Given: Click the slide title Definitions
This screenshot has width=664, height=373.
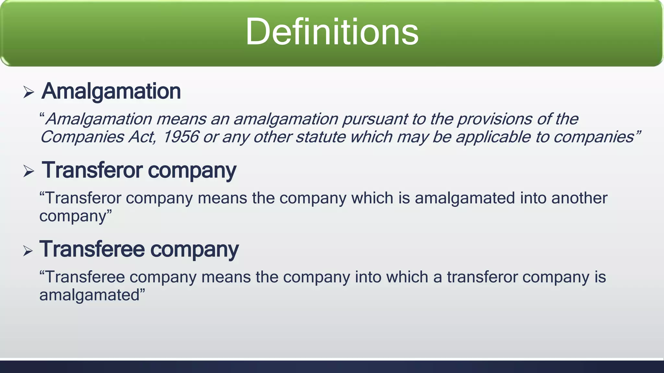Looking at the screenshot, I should pyautogui.click(x=332, y=32).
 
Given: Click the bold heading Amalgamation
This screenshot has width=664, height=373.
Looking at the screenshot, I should pyautogui.click(x=111, y=91).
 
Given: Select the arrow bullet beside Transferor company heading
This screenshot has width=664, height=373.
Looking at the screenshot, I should pyautogui.click(x=29, y=171).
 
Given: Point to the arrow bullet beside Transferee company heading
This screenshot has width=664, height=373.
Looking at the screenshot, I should pyautogui.click(x=28, y=251).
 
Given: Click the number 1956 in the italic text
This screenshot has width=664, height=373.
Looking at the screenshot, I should pyautogui.click(x=180, y=137).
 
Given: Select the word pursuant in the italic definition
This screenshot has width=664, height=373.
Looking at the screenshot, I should pyautogui.click(x=375, y=119).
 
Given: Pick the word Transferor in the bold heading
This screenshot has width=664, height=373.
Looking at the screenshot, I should pyautogui.click(x=92, y=170).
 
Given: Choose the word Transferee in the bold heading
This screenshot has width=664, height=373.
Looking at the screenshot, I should pyautogui.click(x=92, y=249).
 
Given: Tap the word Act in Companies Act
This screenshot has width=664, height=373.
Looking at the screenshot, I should pyautogui.click(x=142, y=137).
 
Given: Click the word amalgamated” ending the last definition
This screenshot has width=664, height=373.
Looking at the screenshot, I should pyautogui.click(x=92, y=295).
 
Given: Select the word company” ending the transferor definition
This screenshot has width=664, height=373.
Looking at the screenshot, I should pyautogui.click(x=75, y=216).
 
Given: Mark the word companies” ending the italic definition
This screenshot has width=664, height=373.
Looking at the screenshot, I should pyautogui.click(x=597, y=137).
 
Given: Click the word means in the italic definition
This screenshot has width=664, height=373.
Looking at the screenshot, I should pyautogui.click(x=181, y=119).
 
